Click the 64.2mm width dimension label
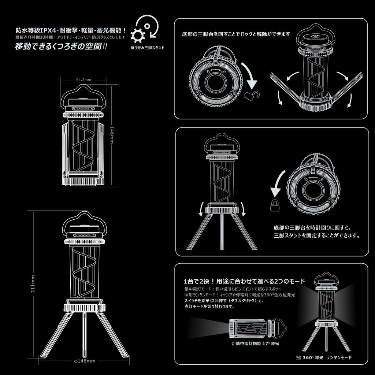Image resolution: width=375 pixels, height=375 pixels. (x=83, y=79)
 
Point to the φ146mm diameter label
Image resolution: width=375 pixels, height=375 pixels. (x=85, y=361)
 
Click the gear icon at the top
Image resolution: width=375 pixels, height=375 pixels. (x=138, y=36)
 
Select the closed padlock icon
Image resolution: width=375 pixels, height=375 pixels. (x=275, y=206)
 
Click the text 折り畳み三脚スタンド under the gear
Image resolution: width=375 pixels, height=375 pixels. (x=147, y=48)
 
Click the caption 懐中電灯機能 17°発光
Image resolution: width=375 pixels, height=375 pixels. (x=255, y=344)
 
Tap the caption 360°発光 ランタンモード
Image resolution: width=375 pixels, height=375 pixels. (x=324, y=357)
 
